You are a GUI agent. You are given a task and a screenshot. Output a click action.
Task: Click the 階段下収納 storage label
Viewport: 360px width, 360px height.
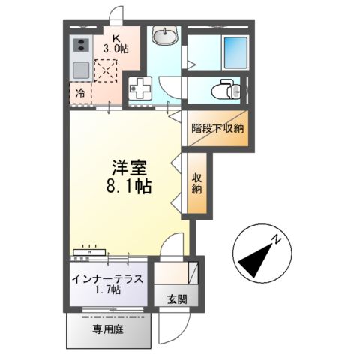coord(217,128)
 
